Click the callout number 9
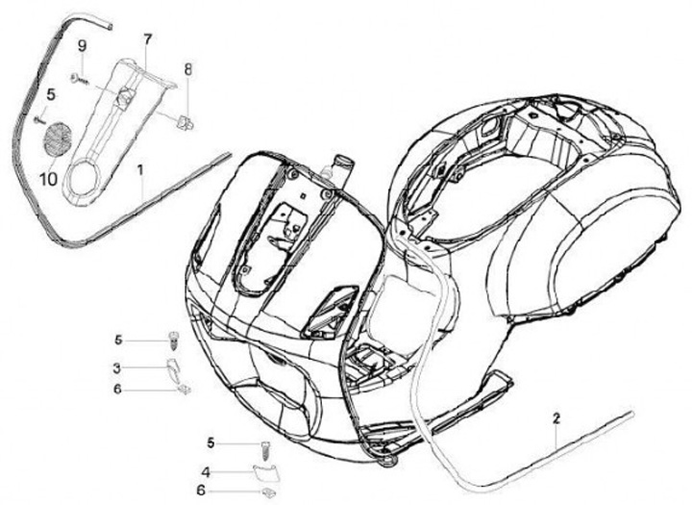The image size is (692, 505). click(83, 45)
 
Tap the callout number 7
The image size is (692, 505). click(147, 39)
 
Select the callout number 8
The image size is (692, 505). click(188, 69)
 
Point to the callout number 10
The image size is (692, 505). click(48, 178)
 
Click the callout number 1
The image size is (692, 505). click(140, 170)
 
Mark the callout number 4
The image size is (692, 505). click(205, 471)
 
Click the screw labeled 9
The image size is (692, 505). click(77, 78)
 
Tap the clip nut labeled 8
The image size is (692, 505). click(185, 120)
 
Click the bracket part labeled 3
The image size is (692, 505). click(173, 367)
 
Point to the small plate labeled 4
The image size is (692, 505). click(262, 470)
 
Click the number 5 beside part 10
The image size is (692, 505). click(51, 93)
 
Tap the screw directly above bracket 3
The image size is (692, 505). click(174, 340)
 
